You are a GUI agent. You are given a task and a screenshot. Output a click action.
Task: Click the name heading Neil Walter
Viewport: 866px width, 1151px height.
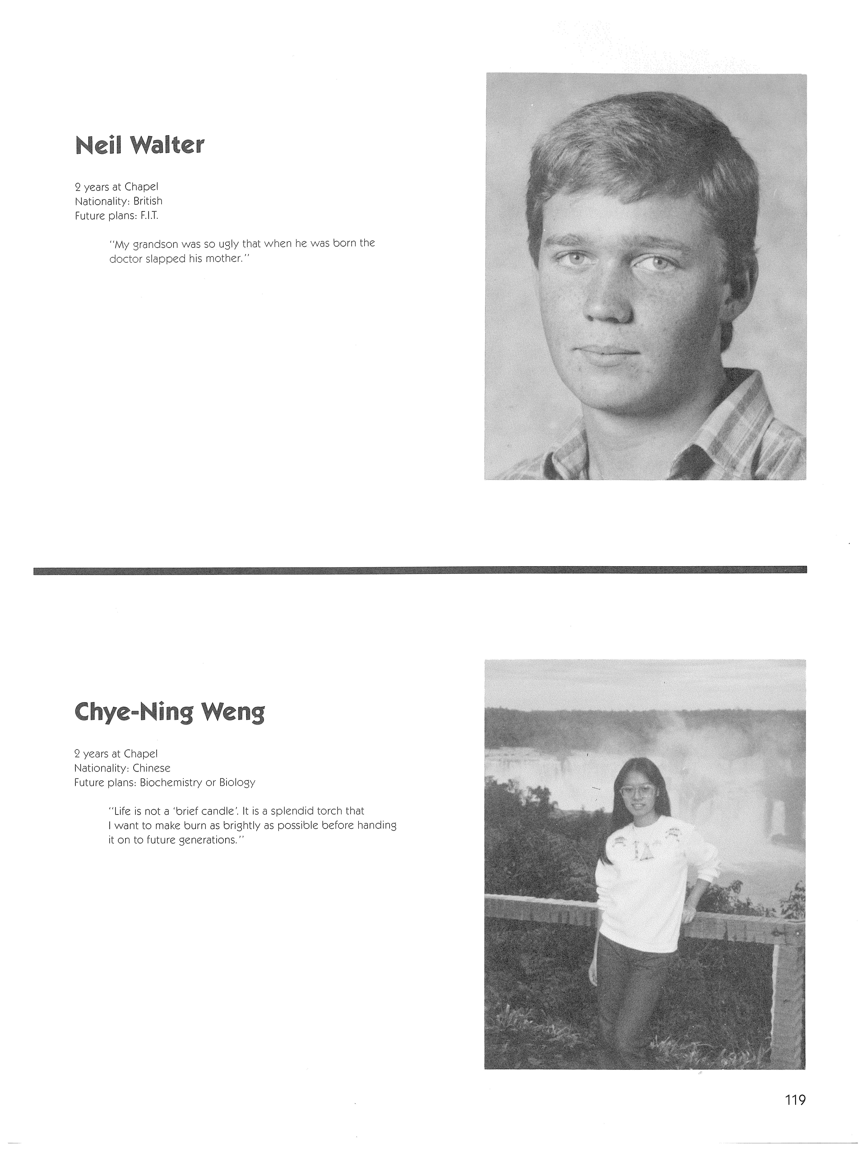[x=139, y=145]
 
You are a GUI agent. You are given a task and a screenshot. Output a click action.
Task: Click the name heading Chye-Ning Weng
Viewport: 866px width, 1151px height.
[x=170, y=712]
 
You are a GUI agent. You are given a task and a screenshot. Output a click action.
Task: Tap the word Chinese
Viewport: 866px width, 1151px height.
[x=151, y=768]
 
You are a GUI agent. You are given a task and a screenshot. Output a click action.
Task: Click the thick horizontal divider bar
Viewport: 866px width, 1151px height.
[x=420, y=570]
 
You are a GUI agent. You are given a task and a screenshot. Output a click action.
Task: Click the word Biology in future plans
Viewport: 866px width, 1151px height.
[x=237, y=783]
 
